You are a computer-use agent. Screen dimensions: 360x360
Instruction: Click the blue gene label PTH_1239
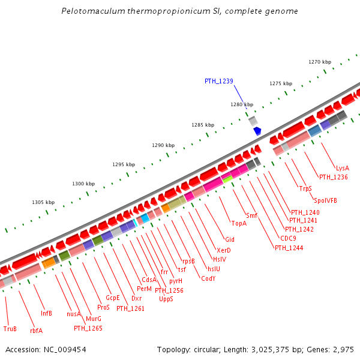[x=218, y=81]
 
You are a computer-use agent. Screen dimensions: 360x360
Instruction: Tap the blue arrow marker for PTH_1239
[x=257, y=130]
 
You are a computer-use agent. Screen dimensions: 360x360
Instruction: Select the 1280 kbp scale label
[x=242, y=104]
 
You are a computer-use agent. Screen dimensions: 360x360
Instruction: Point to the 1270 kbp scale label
[x=320, y=62]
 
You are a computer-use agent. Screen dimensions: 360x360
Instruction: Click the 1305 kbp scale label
[x=43, y=202]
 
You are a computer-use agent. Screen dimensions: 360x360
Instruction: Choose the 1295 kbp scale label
[x=124, y=164]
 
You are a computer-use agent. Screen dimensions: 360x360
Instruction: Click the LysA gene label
[x=342, y=168]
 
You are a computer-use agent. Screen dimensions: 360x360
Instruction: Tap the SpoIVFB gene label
[x=325, y=200]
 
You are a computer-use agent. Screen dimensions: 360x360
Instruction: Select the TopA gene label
[x=239, y=223]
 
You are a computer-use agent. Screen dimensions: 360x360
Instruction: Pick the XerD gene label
[x=224, y=250]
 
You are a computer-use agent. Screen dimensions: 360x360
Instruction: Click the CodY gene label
[x=208, y=278]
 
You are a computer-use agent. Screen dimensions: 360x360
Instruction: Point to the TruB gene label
[x=10, y=329]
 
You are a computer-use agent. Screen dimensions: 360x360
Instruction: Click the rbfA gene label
[x=36, y=330]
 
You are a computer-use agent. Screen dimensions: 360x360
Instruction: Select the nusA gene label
[x=73, y=313]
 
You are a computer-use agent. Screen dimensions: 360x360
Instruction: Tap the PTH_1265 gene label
[x=88, y=328]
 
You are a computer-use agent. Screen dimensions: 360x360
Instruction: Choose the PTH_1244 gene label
[x=289, y=248]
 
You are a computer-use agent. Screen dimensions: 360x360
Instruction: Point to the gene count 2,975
[x=344, y=349]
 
